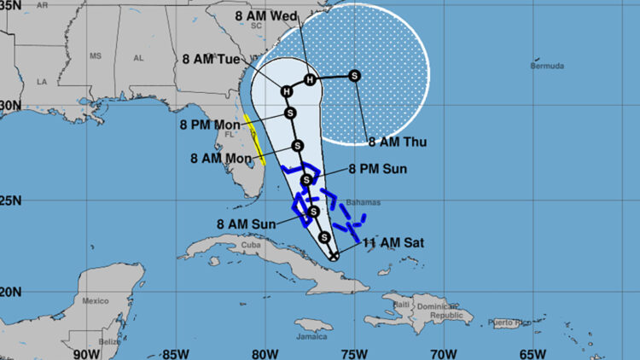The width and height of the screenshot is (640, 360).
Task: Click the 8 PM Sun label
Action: point(376,170)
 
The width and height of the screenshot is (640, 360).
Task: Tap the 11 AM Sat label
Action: point(393,243)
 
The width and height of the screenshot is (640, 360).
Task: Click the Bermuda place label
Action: point(547,66)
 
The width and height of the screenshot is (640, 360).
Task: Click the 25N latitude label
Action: point(9,200)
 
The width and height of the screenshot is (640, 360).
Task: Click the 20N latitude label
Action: point(9,293)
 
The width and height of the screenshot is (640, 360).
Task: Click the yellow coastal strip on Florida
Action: point(254,138)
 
